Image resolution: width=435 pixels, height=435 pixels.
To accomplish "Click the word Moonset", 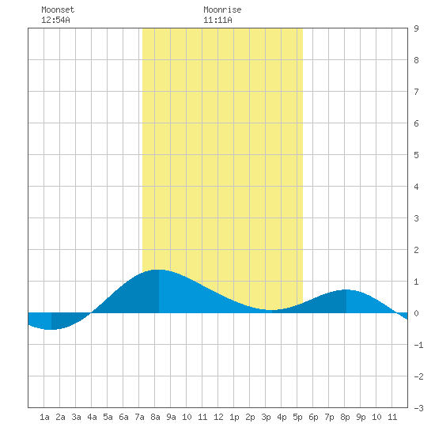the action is click(x=58, y=9).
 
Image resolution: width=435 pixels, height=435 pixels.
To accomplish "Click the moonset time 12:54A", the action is click(x=55, y=20).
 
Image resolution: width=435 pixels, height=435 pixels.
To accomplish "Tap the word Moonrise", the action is click(x=222, y=9).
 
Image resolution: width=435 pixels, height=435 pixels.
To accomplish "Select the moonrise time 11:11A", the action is click(x=217, y=20).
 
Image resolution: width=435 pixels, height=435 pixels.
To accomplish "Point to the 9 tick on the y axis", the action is click(x=416, y=28).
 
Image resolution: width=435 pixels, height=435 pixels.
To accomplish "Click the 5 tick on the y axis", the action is click(x=416, y=155).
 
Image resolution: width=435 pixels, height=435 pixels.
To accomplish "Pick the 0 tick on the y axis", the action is click(x=416, y=313).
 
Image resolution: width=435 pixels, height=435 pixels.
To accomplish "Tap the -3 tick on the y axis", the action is click(x=418, y=408).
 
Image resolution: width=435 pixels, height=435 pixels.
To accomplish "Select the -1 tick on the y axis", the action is click(x=418, y=345).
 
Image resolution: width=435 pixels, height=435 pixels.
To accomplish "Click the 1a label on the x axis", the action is click(x=44, y=417).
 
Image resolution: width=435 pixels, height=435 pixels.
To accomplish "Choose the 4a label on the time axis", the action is click(x=92, y=417).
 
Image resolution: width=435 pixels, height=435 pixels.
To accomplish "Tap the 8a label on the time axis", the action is click(x=155, y=417).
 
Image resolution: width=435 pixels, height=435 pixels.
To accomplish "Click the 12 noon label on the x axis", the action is click(x=218, y=417).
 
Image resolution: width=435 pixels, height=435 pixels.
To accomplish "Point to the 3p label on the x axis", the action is click(x=266, y=417).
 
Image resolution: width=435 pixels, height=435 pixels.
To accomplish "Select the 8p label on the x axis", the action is click(x=345, y=417).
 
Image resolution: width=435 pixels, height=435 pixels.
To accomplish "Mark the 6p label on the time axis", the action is click(x=313, y=417).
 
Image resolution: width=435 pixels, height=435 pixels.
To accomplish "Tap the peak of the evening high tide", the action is click(x=346, y=289).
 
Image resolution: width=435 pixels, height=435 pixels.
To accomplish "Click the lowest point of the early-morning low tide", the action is click(x=51, y=330).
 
